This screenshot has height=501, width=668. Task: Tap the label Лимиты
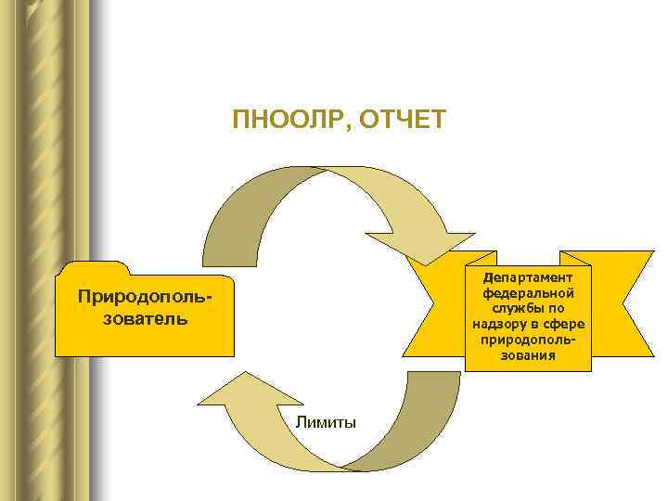click(326, 422)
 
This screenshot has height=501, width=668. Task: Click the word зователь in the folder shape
click(144, 318)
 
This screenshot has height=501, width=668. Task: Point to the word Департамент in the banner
click(528, 277)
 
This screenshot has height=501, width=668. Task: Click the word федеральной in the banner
click(528, 292)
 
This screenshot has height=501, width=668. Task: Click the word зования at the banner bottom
click(528, 354)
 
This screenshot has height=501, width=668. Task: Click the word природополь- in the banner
click(528, 339)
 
